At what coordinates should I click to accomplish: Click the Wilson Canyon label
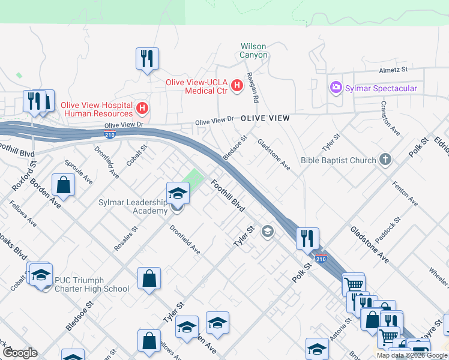coord(253,50)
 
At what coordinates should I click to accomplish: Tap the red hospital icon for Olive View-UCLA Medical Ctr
coord(237,86)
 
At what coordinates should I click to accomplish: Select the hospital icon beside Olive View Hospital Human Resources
coord(142,109)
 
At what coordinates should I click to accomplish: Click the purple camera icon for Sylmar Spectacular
coord(335,88)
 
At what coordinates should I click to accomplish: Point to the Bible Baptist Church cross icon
coord(385,160)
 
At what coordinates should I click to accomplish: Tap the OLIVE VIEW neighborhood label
coord(265,119)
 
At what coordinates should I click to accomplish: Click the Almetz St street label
coord(393,70)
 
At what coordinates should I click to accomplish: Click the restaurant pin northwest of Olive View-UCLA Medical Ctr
coord(147,59)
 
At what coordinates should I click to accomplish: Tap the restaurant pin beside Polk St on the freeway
coord(307,238)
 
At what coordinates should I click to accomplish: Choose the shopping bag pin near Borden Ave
coord(64,185)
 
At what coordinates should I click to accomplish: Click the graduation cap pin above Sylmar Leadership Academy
coord(178,193)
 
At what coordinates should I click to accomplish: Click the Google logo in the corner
coord(20,353)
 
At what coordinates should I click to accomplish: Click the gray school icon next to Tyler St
coord(268,232)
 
